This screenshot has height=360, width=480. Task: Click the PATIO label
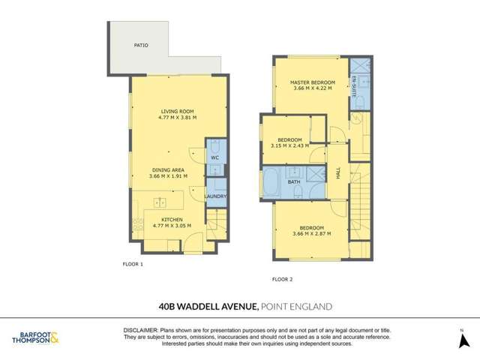(x=141, y=45)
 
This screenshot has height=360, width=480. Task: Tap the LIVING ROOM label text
(x=168, y=111)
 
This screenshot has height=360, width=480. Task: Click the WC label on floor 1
(x=214, y=158)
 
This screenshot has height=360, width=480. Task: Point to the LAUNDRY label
(x=216, y=196)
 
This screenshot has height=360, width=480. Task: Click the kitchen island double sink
(x=160, y=202)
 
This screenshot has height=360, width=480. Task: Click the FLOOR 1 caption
(x=132, y=264)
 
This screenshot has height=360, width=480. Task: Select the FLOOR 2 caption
(x=282, y=278)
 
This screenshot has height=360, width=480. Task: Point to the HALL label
(x=338, y=172)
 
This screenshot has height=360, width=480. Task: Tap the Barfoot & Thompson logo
(x=36, y=337)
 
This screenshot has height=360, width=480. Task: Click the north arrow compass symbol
(x=463, y=340)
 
